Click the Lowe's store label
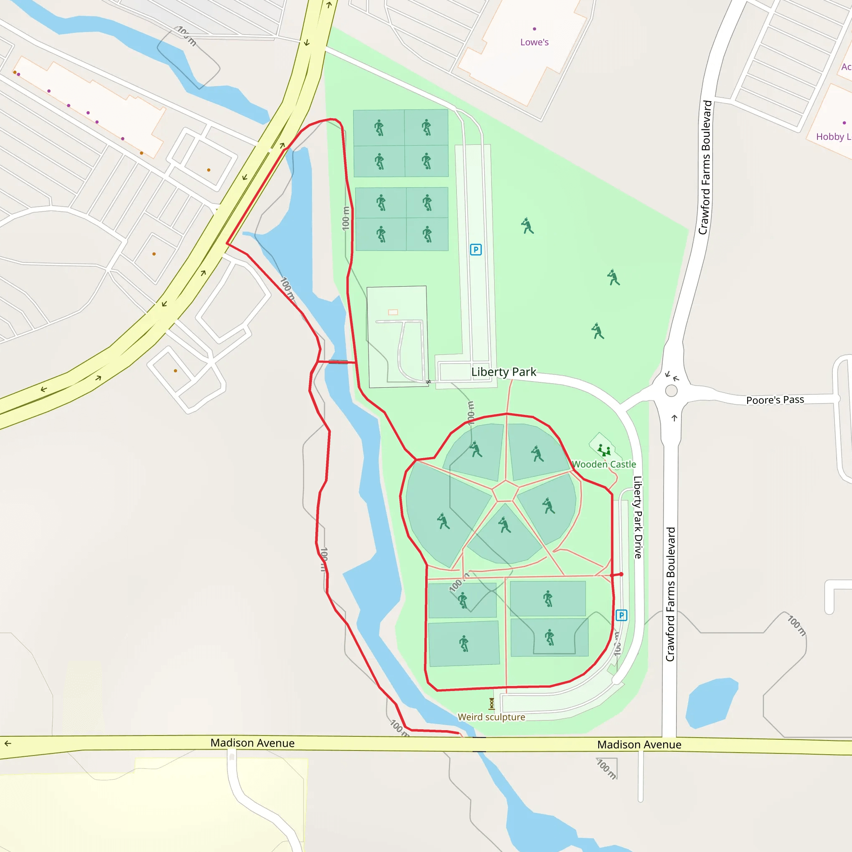[x=534, y=42]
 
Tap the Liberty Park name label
[x=504, y=372]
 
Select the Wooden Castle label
[x=604, y=464]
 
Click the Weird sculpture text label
[x=491, y=717]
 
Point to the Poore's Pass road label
[x=775, y=400]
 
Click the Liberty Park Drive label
[x=638, y=517]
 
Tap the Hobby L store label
[x=833, y=137]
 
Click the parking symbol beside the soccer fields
[x=476, y=250]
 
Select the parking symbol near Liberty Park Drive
[x=621, y=615]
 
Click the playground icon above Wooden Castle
[x=604, y=450]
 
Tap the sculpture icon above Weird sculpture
[x=492, y=703]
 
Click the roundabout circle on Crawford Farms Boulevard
[x=671, y=391]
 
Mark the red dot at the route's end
[x=621, y=574]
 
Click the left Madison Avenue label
[x=252, y=743]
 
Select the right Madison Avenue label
[x=639, y=745]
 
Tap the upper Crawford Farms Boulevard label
[x=705, y=168]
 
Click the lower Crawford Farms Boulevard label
[x=670, y=594]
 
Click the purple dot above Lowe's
[x=535, y=29]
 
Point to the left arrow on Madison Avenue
[x=8, y=743]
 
